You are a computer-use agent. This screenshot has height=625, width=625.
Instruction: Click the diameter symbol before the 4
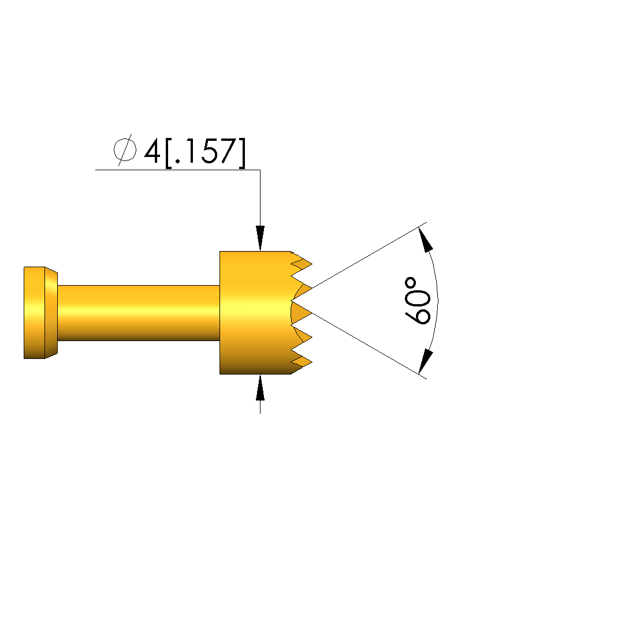125,150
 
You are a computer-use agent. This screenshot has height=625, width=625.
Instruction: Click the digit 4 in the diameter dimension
152,151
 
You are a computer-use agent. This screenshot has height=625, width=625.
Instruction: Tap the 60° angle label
418,301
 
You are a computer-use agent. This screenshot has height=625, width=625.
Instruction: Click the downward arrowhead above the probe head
260,238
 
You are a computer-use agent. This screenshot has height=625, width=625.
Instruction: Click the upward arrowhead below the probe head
260,387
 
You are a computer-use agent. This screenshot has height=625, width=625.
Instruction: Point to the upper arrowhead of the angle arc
426,239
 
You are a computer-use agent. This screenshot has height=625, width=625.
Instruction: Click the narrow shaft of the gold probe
139,313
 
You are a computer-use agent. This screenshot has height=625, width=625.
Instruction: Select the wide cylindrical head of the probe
255,313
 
